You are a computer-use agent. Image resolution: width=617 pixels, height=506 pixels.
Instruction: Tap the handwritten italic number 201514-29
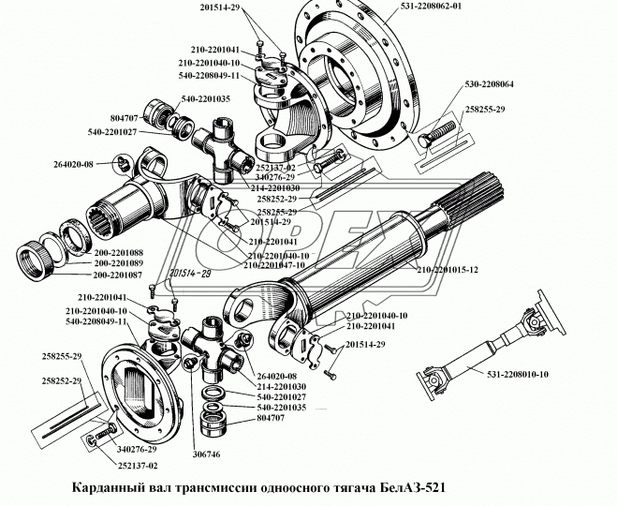pos(191,273)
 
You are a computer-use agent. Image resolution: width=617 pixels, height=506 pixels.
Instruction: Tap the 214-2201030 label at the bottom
pos(284,385)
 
